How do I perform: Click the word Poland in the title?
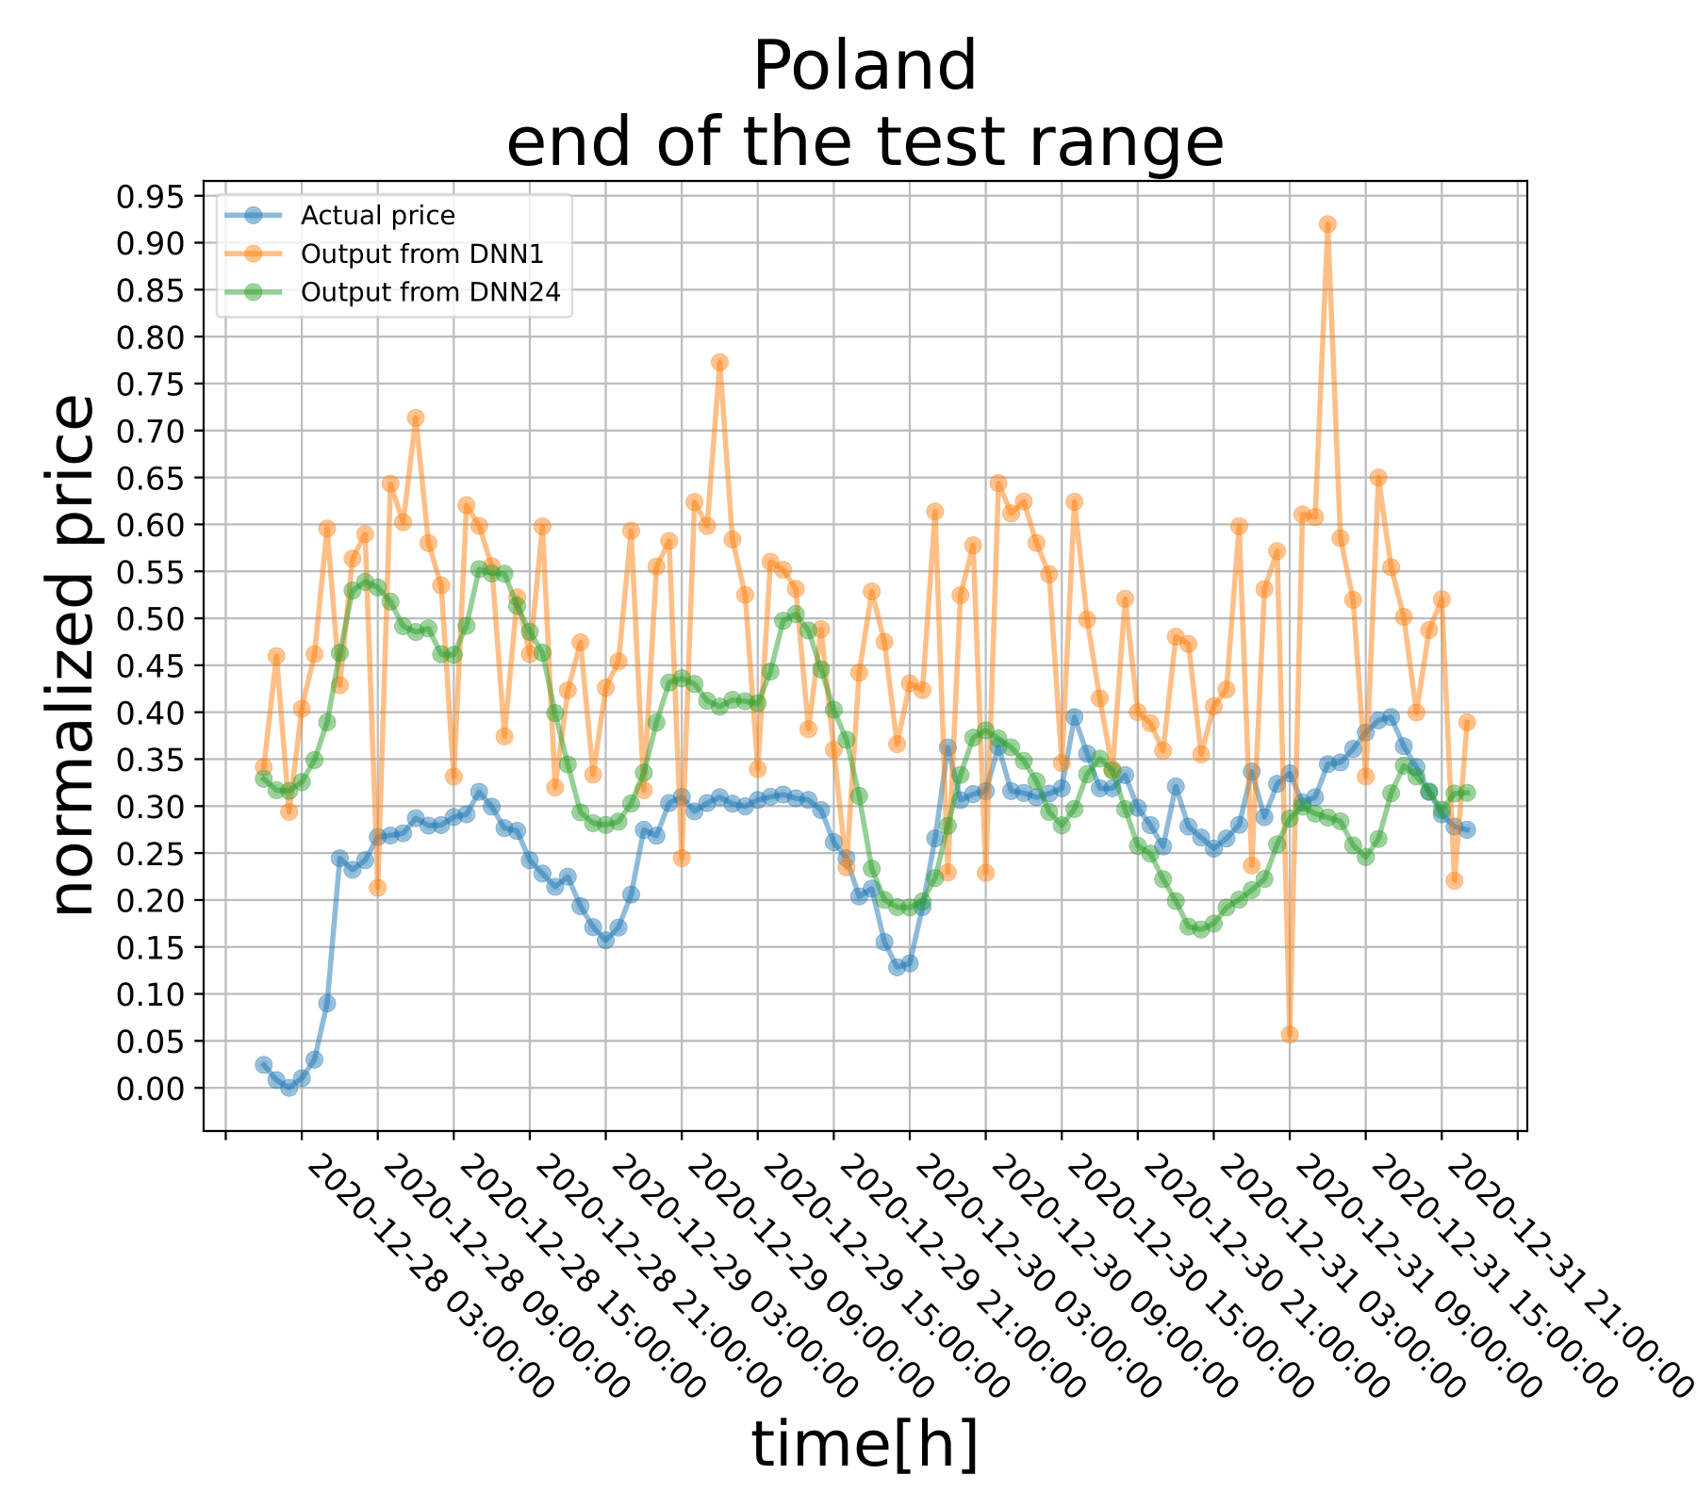click(865, 68)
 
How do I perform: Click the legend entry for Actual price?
click(377, 216)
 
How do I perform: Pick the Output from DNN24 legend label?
click(430, 293)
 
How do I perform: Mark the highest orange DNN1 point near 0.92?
click(1327, 224)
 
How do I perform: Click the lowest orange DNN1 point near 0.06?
click(1290, 1035)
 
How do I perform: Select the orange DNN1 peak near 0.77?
click(719, 363)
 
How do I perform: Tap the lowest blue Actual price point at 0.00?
click(288, 1088)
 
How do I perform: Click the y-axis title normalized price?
click(74, 655)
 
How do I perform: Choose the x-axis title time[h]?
click(865, 1446)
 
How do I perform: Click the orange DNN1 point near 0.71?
click(415, 418)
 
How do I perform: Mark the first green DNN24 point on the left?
click(263, 779)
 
